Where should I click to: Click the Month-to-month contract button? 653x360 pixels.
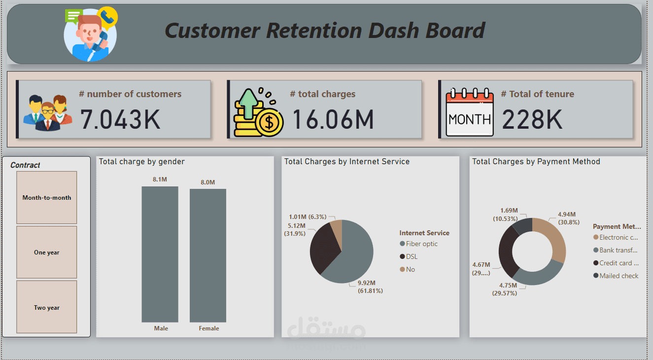point(47,198)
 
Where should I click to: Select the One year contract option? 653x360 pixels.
point(47,252)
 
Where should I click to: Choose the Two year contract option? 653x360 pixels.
point(47,308)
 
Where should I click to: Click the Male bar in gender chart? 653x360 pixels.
point(160,254)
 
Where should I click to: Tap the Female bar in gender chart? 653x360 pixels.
point(208,255)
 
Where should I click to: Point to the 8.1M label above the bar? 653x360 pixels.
point(160,180)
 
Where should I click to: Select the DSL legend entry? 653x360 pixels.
point(412,256)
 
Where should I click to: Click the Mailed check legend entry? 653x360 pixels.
point(619,276)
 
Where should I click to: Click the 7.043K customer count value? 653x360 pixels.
point(120,119)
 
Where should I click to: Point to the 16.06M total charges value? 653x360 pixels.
point(333,119)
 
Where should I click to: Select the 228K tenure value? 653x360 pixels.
point(532,119)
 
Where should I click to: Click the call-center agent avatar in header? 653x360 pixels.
point(91,35)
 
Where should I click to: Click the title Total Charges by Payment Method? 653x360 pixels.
point(536,161)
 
